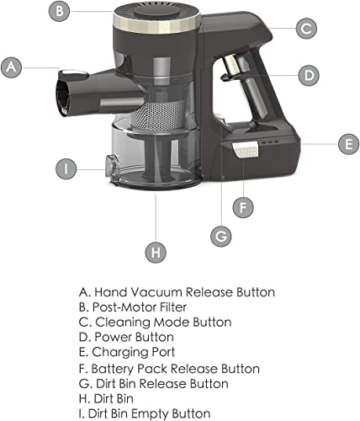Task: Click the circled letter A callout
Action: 11,67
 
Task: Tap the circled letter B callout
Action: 59,11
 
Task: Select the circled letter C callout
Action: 306,29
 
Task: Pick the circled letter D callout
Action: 309,75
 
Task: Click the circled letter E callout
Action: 348,144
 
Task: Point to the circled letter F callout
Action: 243,207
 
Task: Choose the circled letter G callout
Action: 221,237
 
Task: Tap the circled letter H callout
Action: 156,253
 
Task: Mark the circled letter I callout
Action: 66,169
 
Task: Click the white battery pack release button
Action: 246,151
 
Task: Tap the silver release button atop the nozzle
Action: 73,73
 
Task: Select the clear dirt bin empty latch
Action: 112,168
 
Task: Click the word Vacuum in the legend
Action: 156,292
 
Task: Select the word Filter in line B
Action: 173,307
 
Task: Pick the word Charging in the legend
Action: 120,353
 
